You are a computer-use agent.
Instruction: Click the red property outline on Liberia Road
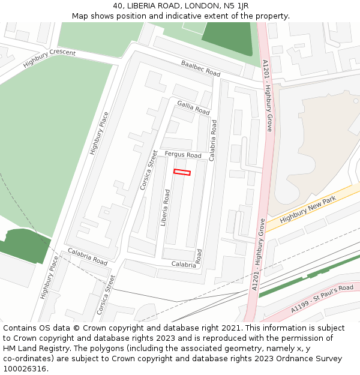[x=182, y=172]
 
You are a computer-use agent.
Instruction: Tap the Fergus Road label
[x=183, y=155]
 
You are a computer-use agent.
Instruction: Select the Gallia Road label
[x=193, y=107]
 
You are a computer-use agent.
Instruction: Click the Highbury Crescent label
[x=49, y=59]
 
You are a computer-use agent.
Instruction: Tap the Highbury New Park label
[x=307, y=211]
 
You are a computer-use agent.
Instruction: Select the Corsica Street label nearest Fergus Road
[x=148, y=170]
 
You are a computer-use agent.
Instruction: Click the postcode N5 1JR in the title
[x=236, y=6]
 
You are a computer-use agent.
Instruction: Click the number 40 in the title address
[x=118, y=6]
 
